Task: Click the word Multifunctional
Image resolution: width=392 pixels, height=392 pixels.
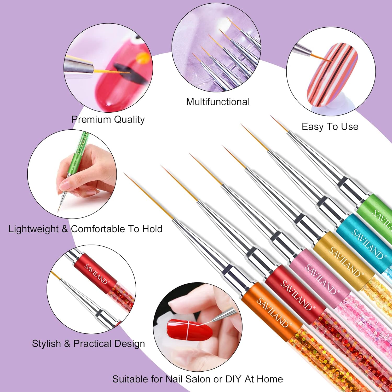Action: pos(218,102)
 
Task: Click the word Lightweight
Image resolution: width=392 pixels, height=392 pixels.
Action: pos(33,229)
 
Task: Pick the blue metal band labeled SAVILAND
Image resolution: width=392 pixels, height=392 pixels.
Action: pos(366,243)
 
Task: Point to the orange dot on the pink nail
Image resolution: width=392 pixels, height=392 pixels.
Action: pos(143,57)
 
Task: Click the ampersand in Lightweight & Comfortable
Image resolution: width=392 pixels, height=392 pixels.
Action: pos(65,229)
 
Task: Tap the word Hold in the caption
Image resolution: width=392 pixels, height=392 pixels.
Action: pos(152,229)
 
